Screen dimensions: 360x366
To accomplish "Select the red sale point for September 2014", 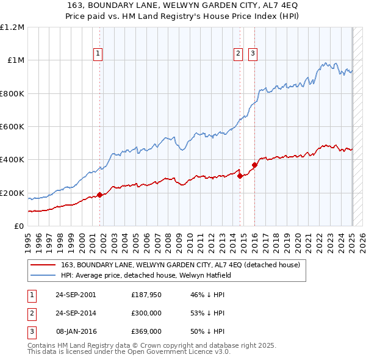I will (x=240, y=176).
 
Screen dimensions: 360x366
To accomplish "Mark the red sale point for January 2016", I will (x=254, y=165).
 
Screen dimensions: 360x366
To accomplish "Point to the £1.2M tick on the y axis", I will (x=12, y=27).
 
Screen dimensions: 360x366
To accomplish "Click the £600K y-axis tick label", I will (x=12, y=127).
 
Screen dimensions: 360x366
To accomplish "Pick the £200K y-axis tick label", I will (x=12, y=193).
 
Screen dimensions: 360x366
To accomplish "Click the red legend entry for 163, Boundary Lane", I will (x=180, y=265).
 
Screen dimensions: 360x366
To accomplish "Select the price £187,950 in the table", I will (x=146, y=295).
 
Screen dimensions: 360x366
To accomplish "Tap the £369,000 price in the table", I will (x=146, y=331).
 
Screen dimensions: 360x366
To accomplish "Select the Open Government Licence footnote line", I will (x=129, y=352).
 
